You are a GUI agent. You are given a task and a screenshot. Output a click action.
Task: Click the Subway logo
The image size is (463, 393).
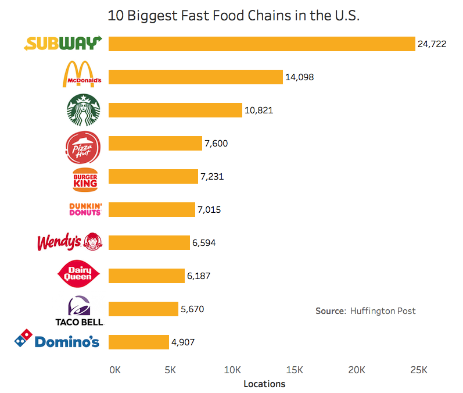click(63, 44)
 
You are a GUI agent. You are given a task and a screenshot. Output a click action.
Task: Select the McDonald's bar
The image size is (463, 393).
click(195, 77)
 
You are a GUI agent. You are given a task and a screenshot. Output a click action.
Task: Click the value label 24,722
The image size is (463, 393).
click(432, 44)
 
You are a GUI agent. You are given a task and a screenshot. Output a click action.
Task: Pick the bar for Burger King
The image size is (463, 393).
click(153, 176)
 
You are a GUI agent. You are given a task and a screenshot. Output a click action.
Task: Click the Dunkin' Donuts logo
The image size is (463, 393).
click(85, 209)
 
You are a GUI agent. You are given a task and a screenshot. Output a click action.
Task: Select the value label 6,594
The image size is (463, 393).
click(204, 242)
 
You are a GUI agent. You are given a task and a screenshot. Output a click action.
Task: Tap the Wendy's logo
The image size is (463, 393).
click(69, 242)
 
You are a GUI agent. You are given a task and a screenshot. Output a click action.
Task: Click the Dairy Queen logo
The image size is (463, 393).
click(80, 274)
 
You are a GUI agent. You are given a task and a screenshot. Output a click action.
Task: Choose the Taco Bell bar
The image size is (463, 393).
click(143, 309)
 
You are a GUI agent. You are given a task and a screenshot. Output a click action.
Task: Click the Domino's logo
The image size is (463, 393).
click(57, 341)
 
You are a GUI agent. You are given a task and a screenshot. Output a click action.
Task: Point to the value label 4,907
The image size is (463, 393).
click(182, 342)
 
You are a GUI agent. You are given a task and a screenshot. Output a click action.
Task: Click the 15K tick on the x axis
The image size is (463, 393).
click(295, 370)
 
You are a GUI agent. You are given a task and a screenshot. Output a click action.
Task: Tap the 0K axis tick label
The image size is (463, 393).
click(114, 370)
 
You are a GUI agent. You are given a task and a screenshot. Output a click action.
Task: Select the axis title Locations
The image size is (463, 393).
click(264, 384)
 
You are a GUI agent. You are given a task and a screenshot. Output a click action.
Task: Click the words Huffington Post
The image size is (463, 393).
click(383, 311)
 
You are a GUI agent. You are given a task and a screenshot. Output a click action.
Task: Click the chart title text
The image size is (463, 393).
click(234, 16)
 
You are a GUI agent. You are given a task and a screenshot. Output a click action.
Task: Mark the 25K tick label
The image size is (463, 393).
click(418, 370)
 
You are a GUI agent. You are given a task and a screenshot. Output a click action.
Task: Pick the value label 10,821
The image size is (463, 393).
click(259, 110)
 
